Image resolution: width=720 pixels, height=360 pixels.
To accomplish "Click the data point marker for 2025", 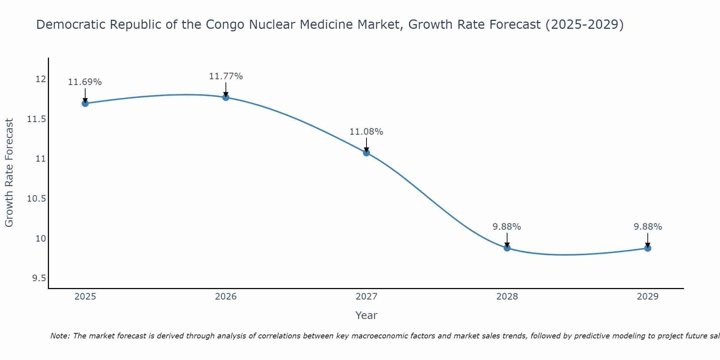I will pos(85,103).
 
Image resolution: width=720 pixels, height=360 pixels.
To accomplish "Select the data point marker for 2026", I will pos(226,97).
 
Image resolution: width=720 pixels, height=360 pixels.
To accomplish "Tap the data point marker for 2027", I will pos(366,153).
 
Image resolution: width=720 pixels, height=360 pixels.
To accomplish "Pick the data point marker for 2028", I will pos(507,248).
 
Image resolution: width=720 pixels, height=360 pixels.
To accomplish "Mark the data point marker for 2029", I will pos(648,248).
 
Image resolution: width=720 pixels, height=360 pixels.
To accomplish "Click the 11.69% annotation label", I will pos(85,82).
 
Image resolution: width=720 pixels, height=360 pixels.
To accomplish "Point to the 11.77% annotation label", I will pos(226,76).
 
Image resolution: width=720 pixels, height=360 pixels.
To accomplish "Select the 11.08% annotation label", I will pos(366,132).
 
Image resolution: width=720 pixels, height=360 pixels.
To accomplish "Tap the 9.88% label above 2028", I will pos(507,227).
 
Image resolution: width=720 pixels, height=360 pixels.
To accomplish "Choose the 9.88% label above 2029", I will pos(648,227).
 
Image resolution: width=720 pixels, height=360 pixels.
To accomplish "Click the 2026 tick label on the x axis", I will pos(226,297).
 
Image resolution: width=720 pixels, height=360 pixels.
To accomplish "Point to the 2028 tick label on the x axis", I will pos(507,297).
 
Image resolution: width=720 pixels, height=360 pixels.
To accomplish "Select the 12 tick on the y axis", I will pos(41,79).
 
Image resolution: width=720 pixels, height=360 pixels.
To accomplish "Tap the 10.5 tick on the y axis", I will pos(37,199).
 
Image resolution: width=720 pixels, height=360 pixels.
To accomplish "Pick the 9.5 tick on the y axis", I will pos(39,278).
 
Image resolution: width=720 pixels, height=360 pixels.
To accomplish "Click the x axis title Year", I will pos(366,315).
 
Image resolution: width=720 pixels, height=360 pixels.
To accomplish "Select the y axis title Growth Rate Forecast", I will pos(9,173).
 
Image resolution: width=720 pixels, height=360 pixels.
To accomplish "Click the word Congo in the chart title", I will pos(224,24).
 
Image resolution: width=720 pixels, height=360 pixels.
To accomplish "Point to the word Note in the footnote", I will pos(60,336).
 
